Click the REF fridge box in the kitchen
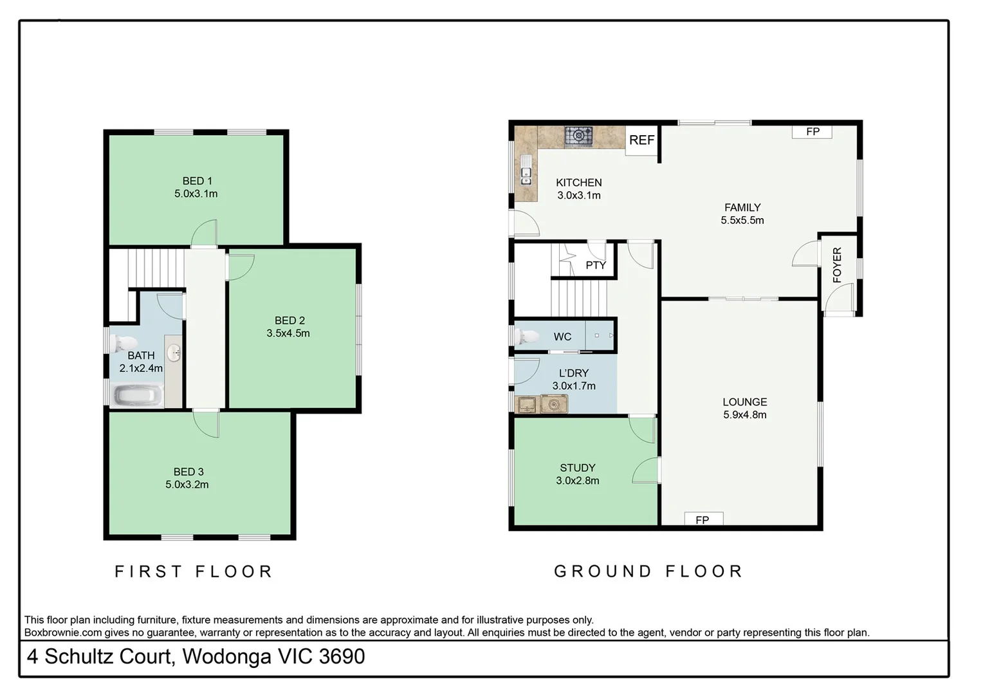click(641, 140)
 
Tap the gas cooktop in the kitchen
click(578, 136)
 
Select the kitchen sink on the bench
click(526, 172)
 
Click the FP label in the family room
click(813, 132)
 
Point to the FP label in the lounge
click(703, 519)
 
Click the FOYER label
click(837, 264)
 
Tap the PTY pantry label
click(596, 265)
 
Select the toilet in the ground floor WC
click(528, 336)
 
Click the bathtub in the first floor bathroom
click(137, 396)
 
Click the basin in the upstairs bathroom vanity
click(174, 353)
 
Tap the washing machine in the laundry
click(553, 404)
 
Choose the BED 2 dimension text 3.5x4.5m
click(288, 333)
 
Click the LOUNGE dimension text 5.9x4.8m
click(744, 415)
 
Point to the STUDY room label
click(577, 468)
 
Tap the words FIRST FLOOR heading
click(194, 571)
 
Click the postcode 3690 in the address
click(342, 656)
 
